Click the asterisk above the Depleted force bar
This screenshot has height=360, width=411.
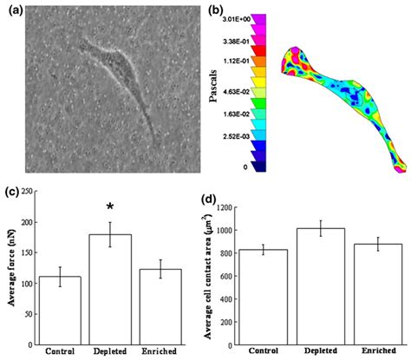109,207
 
